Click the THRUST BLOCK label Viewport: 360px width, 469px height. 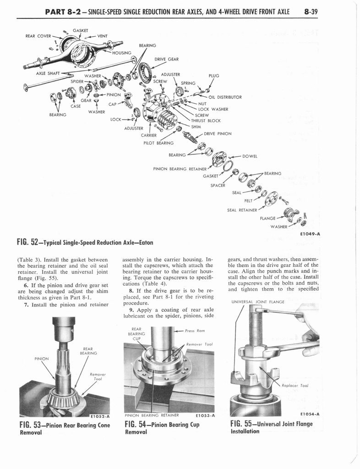coord(206,121)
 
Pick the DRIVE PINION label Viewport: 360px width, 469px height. coord(218,134)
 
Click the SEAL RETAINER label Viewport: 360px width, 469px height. coord(242,210)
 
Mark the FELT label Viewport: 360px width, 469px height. coord(249,200)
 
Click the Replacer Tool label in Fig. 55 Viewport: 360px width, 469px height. coord(295,386)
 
